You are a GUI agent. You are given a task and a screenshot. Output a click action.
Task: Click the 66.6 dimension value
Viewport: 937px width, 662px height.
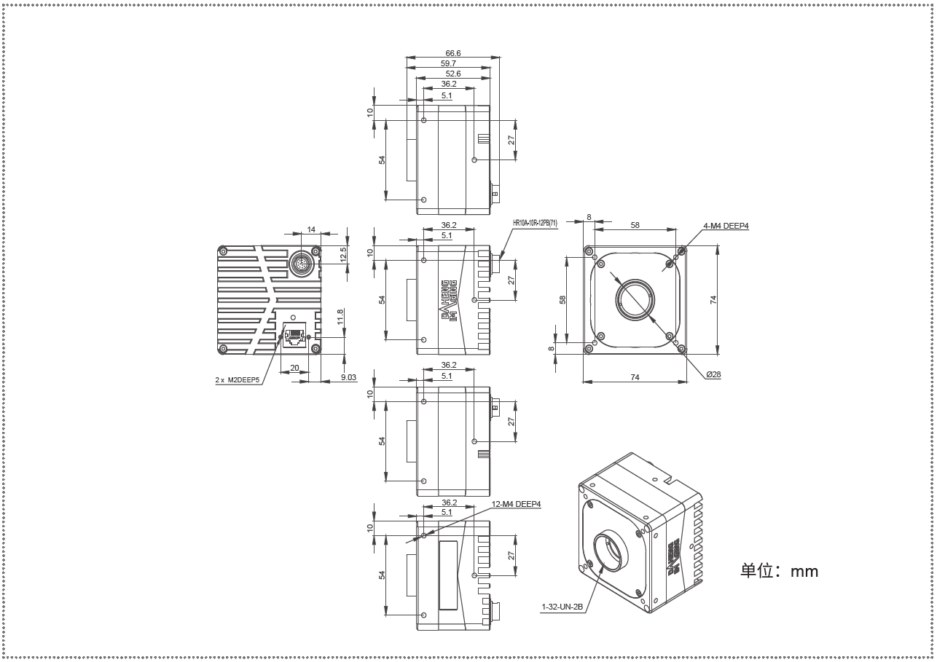[x=453, y=53]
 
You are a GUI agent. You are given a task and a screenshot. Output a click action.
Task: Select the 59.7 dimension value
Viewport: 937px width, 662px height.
[x=448, y=63]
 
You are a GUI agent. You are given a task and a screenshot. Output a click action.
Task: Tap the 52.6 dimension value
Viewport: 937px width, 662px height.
[x=453, y=74]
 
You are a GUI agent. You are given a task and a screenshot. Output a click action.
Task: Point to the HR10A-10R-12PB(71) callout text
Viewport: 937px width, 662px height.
[x=535, y=224]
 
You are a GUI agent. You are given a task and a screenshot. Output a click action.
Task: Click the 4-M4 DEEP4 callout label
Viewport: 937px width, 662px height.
[x=726, y=226]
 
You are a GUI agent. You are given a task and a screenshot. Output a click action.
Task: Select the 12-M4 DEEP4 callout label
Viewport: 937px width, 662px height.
[x=516, y=505]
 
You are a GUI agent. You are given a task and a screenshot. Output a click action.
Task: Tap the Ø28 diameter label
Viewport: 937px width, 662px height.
[x=713, y=374]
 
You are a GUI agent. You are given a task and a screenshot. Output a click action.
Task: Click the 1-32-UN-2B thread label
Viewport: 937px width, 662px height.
[x=562, y=607]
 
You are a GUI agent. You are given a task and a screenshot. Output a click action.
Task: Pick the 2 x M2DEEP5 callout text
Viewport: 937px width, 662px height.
[x=238, y=380]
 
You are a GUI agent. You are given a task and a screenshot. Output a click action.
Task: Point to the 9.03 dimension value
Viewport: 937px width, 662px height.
[x=348, y=377]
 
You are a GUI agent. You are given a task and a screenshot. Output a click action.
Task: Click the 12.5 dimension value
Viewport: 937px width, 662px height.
[x=343, y=255]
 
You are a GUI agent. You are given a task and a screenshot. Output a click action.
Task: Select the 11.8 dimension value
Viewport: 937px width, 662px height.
[x=340, y=317]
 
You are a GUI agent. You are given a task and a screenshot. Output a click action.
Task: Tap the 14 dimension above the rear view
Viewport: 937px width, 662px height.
[x=311, y=229]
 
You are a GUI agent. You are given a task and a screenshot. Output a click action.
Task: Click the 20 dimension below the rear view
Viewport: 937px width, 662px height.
[x=294, y=368]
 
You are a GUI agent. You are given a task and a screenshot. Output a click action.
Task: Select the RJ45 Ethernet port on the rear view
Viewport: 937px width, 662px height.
[x=294, y=334]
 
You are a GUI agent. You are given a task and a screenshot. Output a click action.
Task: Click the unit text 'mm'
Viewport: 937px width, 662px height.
[x=804, y=572]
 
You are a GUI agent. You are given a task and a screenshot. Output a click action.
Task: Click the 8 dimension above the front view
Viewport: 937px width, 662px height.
[x=589, y=217]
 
